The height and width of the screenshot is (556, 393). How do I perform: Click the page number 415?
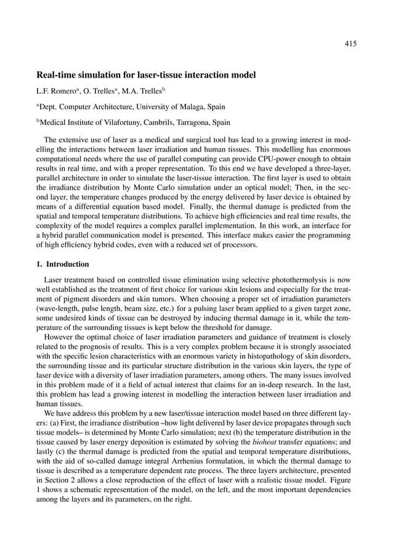click(x=350, y=43)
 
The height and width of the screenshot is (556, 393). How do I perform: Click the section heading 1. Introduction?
click(x=63, y=265)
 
